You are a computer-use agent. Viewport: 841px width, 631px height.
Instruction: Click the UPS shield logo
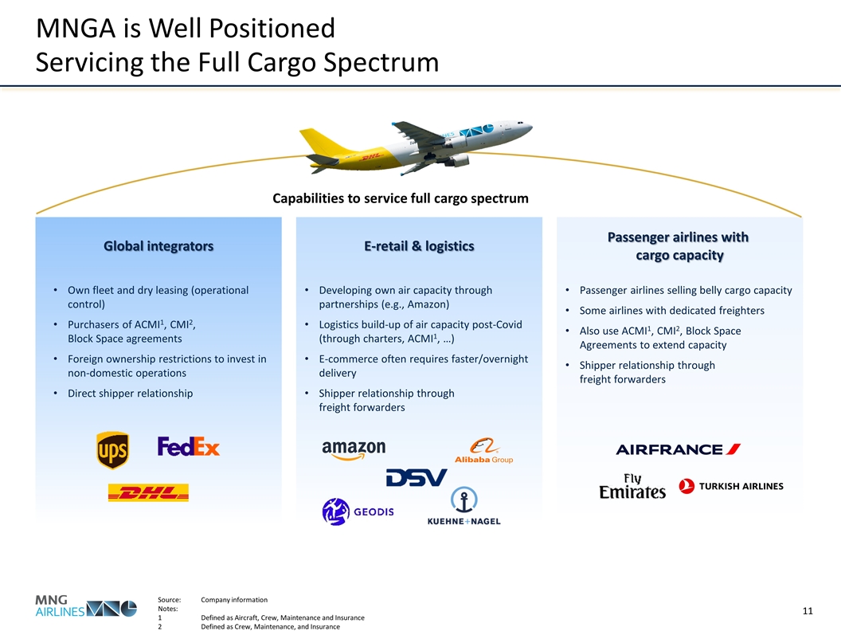[112, 450]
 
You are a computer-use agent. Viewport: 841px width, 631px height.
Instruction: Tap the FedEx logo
[189, 446]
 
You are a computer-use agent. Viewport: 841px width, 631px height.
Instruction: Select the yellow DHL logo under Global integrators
[148, 493]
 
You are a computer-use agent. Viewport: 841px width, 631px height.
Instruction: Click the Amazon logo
[354, 450]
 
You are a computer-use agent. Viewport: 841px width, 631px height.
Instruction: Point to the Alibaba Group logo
[483, 451]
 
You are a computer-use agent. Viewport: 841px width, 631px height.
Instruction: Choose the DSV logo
[416, 477]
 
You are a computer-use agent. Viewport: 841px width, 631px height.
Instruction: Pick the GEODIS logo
[358, 511]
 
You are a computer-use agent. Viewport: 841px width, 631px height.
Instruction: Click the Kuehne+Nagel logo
[464, 509]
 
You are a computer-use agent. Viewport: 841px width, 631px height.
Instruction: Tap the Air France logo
[678, 449]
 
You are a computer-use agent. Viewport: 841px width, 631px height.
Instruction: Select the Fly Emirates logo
[632, 487]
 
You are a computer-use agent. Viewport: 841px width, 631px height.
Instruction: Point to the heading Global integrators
[158, 246]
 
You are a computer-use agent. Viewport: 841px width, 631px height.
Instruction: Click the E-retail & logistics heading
[419, 246]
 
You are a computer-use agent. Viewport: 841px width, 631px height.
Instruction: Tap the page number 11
[807, 611]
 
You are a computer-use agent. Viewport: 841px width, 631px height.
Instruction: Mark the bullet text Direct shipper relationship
[130, 393]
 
